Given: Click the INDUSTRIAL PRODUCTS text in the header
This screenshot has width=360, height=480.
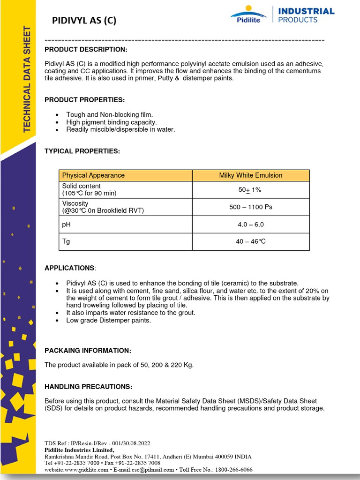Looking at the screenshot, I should point(306,15).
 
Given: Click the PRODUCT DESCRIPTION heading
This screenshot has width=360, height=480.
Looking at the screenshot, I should point(85,50).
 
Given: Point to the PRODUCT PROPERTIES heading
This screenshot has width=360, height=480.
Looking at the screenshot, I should point(84,100).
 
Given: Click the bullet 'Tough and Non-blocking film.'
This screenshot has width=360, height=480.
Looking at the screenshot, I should point(109,114).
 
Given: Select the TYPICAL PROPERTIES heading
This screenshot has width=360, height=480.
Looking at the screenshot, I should point(82,151).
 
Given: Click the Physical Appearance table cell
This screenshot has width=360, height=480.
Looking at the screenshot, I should point(93,175).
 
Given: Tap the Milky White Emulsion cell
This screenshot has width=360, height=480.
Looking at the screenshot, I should point(251,175).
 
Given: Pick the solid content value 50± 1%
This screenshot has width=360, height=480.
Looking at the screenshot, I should point(250,190).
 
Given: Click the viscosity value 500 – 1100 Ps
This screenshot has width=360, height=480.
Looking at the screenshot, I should point(251,207).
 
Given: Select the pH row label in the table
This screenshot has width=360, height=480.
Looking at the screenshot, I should point(66,225).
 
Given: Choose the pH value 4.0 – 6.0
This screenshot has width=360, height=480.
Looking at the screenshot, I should point(251,225).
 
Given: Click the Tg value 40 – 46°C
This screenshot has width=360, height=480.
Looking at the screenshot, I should point(251,242).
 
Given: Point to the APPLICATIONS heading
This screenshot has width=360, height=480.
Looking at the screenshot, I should point(69,268).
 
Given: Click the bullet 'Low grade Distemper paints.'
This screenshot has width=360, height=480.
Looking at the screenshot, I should point(108,320).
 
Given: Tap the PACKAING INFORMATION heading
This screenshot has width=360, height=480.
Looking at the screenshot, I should point(88,351).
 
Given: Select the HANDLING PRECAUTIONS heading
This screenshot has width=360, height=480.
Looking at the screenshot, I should point(88,387).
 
